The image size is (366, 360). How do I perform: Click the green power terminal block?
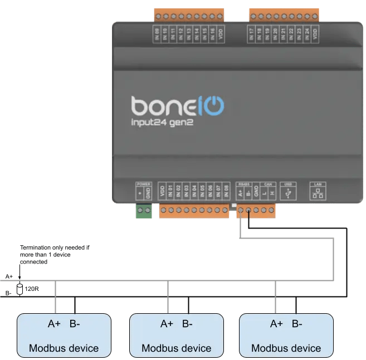click(144, 211)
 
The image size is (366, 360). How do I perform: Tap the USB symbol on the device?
click(287, 193)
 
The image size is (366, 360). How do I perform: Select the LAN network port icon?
click(319, 193)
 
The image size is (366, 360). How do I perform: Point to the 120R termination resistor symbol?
click(20, 289)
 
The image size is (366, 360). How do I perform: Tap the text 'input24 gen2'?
click(163, 123)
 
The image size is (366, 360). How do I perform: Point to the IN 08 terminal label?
click(226, 192)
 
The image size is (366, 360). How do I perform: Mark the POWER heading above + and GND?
click(144, 183)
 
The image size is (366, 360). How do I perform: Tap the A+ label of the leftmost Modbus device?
click(55, 324)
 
